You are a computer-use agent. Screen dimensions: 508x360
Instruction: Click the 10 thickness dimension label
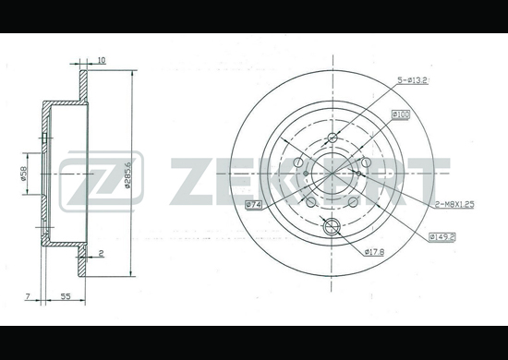click(x=102, y=60)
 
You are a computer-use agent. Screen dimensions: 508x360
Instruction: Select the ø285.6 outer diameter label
click(x=127, y=174)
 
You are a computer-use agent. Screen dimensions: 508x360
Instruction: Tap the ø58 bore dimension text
click(x=23, y=174)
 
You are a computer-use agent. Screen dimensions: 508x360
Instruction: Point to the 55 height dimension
click(x=66, y=296)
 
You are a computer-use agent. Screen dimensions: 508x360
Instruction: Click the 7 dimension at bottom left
click(x=28, y=296)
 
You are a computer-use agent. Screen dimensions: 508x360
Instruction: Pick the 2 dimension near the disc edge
click(x=101, y=253)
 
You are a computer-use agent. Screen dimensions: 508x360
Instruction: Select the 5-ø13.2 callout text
click(x=413, y=80)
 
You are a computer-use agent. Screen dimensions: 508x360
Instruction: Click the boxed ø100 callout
click(x=401, y=114)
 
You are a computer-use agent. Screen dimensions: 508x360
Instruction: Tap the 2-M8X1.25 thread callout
click(x=454, y=204)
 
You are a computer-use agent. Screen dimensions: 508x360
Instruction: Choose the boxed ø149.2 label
click(x=441, y=237)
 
